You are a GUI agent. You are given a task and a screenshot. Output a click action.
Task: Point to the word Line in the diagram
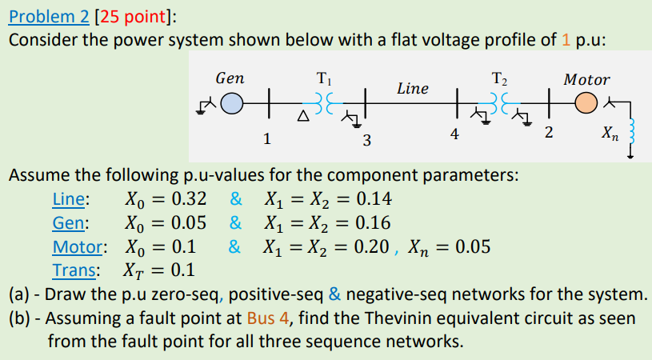(x=413, y=88)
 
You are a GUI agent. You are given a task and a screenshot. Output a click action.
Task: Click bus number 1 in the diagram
(x=266, y=138)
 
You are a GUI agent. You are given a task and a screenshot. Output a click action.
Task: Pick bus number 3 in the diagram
(x=366, y=142)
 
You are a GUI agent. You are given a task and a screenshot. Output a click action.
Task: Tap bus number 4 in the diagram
(x=454, y=136)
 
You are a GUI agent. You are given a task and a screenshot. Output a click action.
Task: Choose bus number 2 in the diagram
(x=548, y=133)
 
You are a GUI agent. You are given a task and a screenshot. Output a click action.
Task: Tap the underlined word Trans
(x=76, y=269)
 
